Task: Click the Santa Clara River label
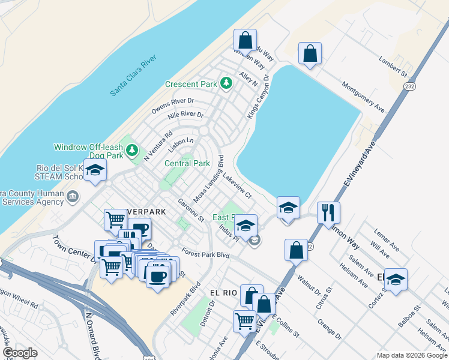coord(133,76)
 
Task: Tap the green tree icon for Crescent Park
coord(226,83)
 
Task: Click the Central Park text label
coord(187,163)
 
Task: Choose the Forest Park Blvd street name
coord(206,254)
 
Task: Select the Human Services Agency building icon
coord(73,196)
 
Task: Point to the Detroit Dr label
coord(208,313)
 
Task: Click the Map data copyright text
coord(411,355)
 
